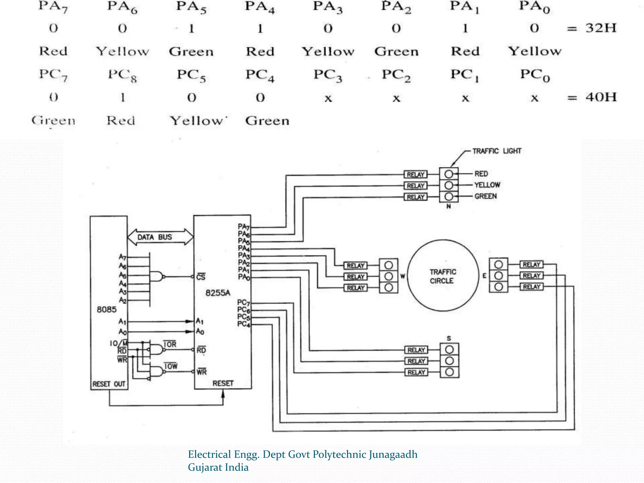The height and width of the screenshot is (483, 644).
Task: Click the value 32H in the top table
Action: [601, 28]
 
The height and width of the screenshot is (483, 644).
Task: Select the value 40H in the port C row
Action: [601, 97]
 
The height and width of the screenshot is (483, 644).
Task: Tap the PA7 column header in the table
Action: [53, 7]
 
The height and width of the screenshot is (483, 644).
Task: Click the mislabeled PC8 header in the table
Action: [122, 75]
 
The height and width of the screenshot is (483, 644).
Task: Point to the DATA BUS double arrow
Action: [160, 237]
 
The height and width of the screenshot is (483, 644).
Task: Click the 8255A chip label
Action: [218, 293]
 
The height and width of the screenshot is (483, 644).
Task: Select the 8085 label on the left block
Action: [107, 310]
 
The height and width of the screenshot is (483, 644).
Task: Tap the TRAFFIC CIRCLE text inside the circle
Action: [443, 276]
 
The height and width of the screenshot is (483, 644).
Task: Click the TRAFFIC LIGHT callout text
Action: [497, 151]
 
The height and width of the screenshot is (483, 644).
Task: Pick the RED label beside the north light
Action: [481, 174]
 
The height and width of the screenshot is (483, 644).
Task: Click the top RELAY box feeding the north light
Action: [415, 175]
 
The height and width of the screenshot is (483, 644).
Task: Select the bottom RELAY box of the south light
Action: [416, 373]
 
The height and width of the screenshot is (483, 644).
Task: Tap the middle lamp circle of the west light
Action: [389, 276]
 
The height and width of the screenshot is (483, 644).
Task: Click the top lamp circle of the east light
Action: [498, 264]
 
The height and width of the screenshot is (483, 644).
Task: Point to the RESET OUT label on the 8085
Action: [109, 384]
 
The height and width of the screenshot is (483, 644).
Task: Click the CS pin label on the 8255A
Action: [201, 277]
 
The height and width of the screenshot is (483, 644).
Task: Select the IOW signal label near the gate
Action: [171, 366]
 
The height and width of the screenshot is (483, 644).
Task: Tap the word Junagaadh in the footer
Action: [393, 454]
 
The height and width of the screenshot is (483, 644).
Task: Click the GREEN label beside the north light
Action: [486, 196]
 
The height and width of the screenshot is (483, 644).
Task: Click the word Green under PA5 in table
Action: [191, 52]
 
